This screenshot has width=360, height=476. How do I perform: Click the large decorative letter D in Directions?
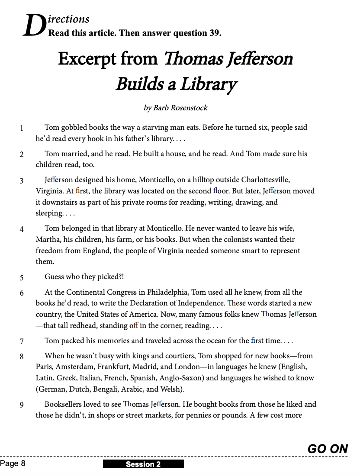tap(34, 26)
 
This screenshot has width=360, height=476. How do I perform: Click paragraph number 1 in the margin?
tap(21, 128)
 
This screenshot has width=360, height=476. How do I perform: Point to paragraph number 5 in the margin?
tap(21, 277)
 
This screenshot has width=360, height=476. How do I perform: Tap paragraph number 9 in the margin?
tap(21, 405)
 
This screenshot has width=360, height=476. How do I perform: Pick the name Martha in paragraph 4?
tap(48, 239)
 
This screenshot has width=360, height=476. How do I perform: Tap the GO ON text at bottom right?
tap(328, 449)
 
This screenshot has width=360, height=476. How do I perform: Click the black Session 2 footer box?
tap(143, 464)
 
